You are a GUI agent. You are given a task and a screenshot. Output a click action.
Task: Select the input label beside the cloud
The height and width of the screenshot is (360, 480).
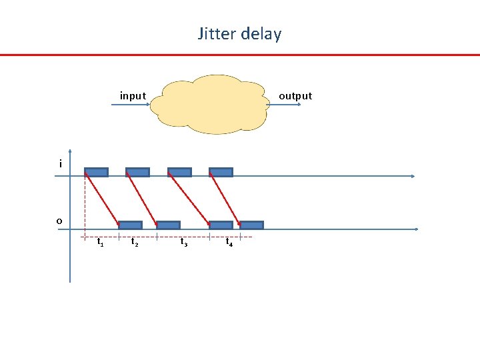(133, 96)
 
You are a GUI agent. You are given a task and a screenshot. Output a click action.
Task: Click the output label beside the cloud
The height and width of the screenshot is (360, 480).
(295, 96)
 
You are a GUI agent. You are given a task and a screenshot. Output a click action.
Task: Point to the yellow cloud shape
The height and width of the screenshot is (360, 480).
(209, 104)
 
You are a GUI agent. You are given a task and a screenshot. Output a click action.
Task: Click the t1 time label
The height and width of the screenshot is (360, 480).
(100, 243)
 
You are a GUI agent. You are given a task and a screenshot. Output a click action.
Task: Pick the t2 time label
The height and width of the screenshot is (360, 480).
(135, 243)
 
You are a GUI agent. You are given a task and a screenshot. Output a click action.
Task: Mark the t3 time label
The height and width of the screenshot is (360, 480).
(184, 243)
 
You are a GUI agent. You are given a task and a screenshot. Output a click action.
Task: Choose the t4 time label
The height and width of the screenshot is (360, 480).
(229, 243)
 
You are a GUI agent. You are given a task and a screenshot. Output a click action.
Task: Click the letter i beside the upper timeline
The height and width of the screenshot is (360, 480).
(60, 164)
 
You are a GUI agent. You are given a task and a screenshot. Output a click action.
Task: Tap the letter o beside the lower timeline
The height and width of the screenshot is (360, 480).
(59, 221)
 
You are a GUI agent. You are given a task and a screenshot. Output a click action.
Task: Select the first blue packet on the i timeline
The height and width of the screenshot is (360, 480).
(96, 172)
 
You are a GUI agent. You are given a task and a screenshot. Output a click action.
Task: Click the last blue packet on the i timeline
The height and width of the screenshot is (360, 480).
(221, 172)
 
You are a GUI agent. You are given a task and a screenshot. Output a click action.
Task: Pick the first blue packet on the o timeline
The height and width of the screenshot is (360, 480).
(130, 225)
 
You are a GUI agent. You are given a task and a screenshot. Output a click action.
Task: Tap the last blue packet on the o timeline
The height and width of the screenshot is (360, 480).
(251, 225)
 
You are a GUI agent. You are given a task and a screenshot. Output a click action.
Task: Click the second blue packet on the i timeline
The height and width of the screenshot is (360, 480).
(137, 172)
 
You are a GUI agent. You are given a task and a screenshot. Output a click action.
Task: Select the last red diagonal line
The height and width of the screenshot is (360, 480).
(227, 199)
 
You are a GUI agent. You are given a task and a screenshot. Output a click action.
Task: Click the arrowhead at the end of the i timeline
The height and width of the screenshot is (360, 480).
(412, 177)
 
